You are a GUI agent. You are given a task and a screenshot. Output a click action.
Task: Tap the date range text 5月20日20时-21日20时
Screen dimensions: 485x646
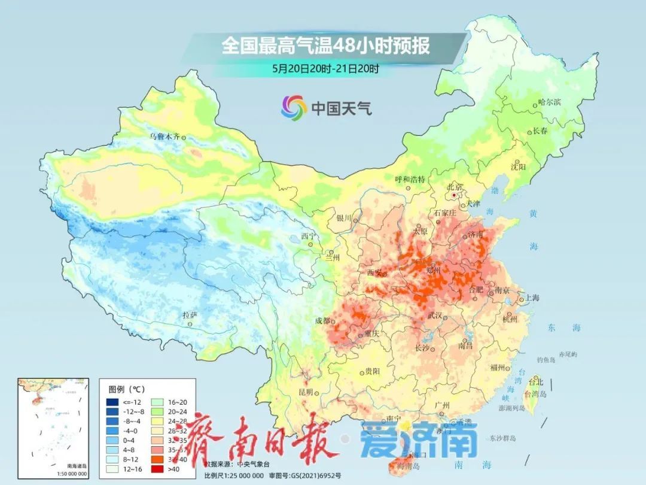(x=325, y=69)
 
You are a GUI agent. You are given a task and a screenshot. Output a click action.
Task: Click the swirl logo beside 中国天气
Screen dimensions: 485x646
(x=294, y=107)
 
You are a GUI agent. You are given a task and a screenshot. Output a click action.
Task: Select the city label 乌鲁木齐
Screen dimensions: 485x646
(x=164, y=137)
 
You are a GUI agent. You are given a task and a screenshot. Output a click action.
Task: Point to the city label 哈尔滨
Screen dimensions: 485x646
(x=549, y=102)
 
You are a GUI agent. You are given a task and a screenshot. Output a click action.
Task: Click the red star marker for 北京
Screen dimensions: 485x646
(x=455, y=195)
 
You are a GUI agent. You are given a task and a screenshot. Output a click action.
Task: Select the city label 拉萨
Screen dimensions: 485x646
(x=190, y=315)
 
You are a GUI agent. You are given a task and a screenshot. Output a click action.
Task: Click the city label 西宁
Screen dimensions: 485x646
(x=307, y=236)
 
